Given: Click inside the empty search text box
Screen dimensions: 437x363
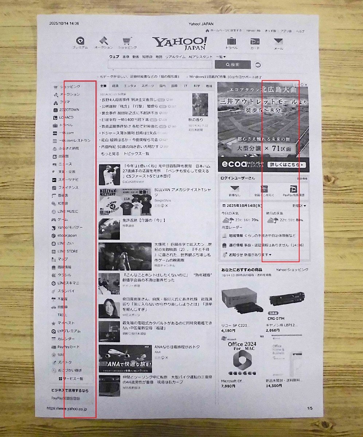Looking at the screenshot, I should click(x=160, y=64).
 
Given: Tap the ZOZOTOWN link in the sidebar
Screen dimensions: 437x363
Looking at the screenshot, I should click(x=69, y=110).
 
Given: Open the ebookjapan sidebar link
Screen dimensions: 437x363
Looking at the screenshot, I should click(x=67, y=236).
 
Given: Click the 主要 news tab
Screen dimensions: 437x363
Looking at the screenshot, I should click(x=103, y=86).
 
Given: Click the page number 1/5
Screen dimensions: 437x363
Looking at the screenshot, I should click(x=310, y=408).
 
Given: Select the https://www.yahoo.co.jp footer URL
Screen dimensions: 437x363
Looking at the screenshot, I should click(x=67, y=409).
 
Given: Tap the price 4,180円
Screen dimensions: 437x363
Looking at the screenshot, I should click(x=228, y=331).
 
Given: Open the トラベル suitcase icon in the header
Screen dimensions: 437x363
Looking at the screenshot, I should click(x=231, y=41).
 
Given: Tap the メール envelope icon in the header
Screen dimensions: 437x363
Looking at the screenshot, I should click(x=278, y=41).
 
